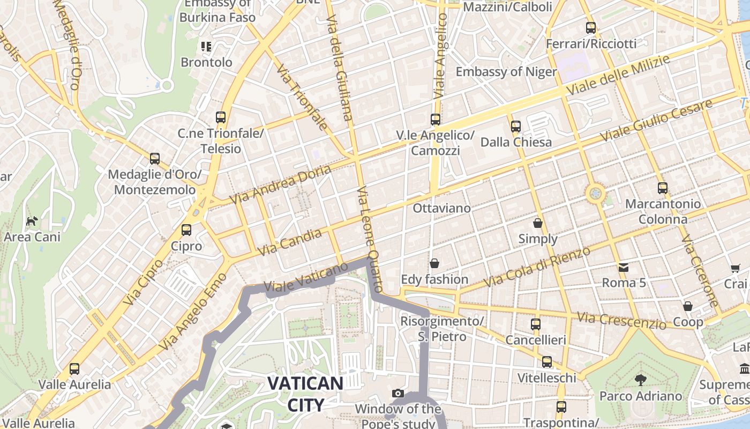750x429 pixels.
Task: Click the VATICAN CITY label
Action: (x=305, y=394)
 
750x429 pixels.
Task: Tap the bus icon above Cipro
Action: (x=186, y=230)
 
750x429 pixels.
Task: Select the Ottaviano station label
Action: (x=441, y=208)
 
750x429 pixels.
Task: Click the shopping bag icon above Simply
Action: (x=538, y=223)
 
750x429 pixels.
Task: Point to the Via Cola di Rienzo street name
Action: (x=536, y=267)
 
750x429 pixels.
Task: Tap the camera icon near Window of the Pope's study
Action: (x=397, y=394)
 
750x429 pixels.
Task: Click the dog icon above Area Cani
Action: (x=32, y=221)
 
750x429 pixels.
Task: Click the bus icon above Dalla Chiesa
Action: (x=515, y=127)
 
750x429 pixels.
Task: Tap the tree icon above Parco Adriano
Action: (x=640, y=380)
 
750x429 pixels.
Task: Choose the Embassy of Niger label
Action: (x=506, y=72)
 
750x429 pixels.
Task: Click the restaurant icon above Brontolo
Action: (x=206, y=47)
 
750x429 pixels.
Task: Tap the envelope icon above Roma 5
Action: (x=624, y=267)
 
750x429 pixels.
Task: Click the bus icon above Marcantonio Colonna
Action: (x=663, y=188)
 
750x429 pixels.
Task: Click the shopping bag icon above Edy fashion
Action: (x=434, y=263)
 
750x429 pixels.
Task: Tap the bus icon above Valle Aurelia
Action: (x=74, y=369)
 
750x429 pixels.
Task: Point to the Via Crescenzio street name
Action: (x=621, y=321)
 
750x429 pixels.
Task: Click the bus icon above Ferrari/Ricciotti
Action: (x=591, y=28)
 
